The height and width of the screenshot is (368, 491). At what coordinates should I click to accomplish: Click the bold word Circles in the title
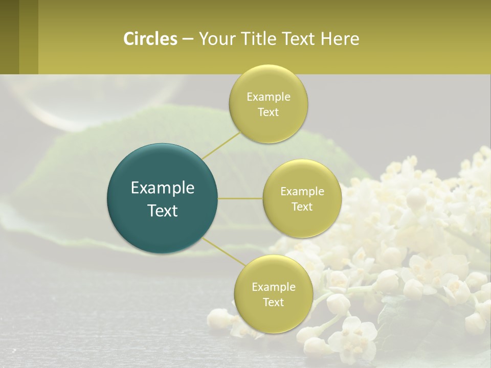coord(150,39)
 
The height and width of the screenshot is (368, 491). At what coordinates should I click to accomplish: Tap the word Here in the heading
coord(340,39)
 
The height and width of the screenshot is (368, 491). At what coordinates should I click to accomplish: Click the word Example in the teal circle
coord(163,188)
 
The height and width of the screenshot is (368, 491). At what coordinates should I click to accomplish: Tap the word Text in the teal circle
coord(163,211)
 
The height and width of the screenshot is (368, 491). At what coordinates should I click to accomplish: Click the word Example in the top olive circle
coord(268,97)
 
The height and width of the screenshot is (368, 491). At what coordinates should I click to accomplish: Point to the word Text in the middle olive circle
coord(302,206)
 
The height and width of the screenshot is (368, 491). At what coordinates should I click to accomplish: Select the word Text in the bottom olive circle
coord(273,302)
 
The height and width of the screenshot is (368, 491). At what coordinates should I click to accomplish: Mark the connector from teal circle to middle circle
coord(240,198)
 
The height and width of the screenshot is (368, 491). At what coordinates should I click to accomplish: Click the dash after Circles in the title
coord(187,39)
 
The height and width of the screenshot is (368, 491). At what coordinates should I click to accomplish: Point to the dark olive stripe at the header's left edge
coord(9,37)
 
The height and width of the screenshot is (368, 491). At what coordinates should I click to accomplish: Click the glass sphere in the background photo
coord(102,100)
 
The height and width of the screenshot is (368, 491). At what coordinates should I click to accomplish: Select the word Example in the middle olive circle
coord(302,192)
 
